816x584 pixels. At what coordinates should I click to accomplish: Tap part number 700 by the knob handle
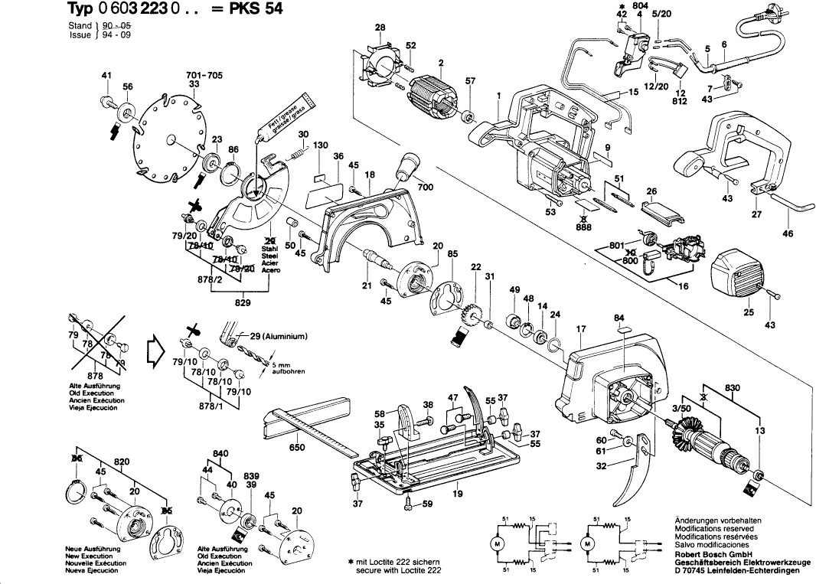pyautogui.click(x=425, y=187)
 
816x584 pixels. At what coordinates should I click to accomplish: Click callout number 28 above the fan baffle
pyautogui.click(x=380, y=28)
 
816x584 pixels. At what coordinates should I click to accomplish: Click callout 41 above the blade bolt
pyautogui.click(x=106, y=75)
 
